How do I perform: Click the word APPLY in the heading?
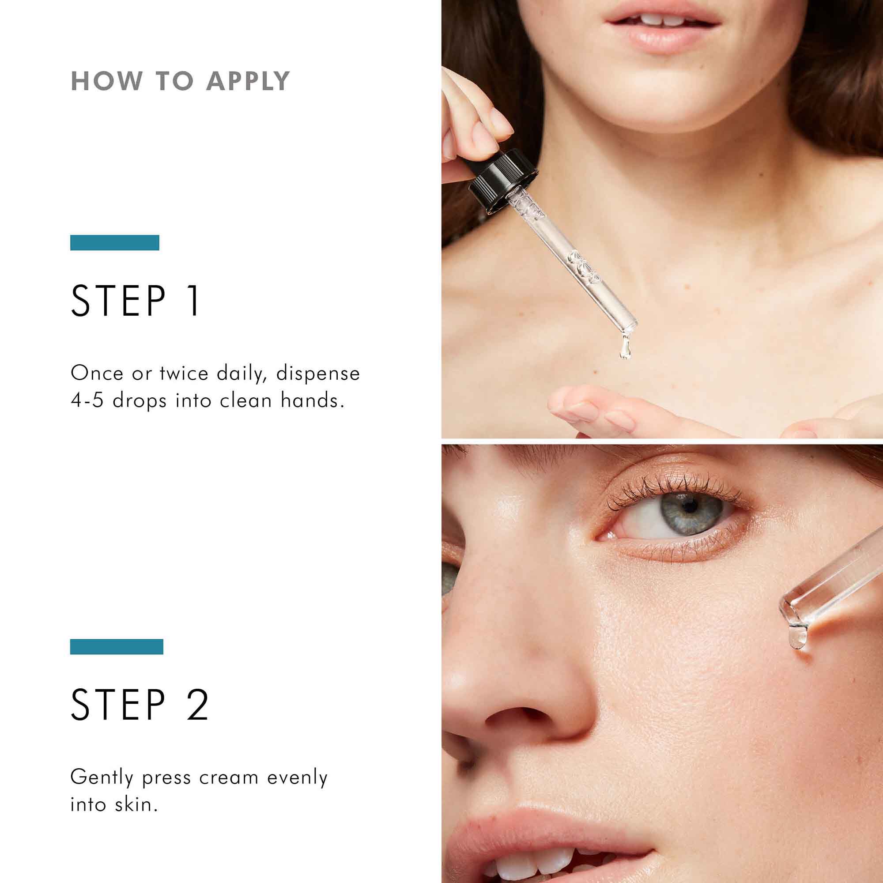[x=248, y=81]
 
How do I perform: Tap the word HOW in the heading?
[x=107, y=81]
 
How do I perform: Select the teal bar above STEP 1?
[x=115, y=243]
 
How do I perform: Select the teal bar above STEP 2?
[x=117, y=647]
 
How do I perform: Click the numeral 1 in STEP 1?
[x=194, y=301]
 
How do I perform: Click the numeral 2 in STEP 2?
[x=197, y=705]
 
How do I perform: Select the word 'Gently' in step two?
[x=102, y=777]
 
